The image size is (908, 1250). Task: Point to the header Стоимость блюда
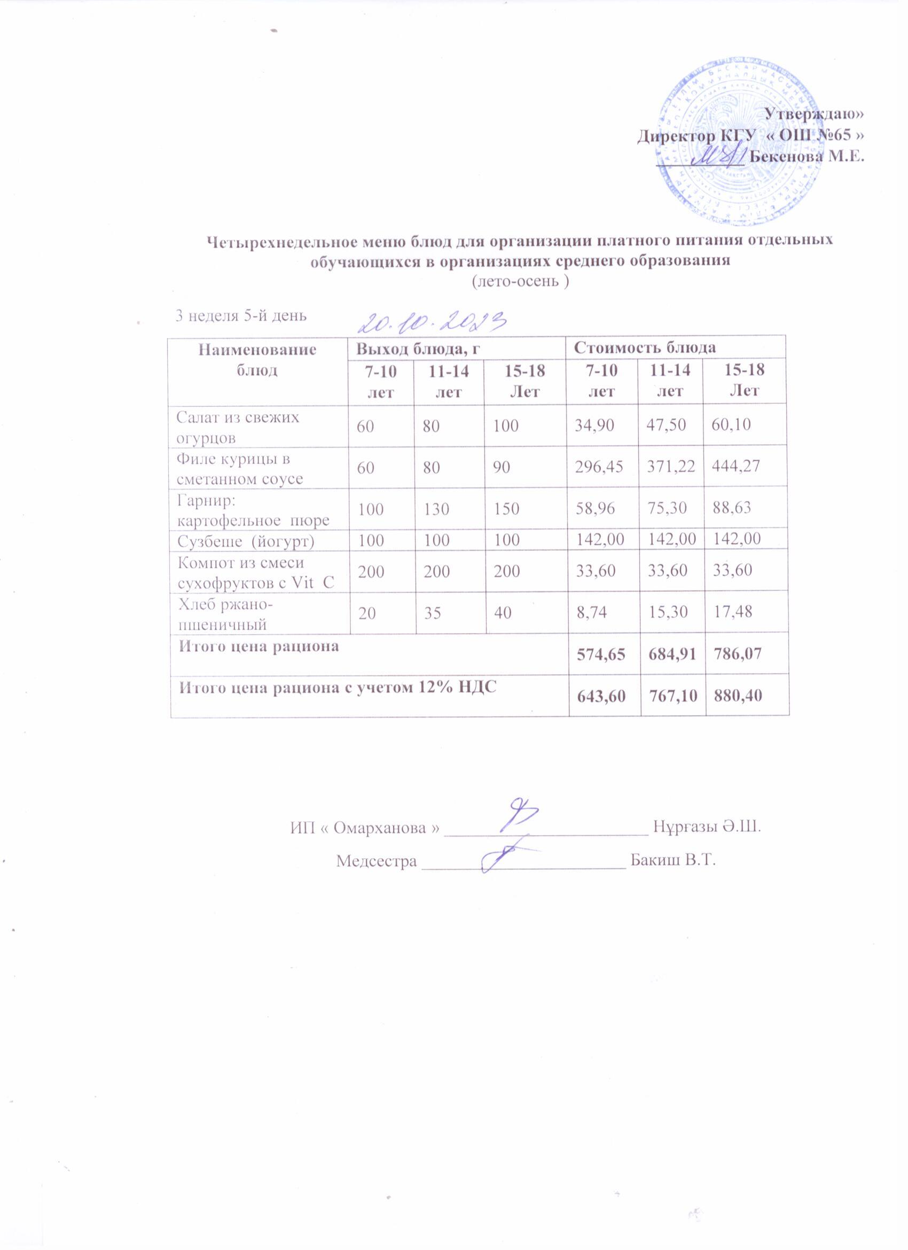[x=645, y=348]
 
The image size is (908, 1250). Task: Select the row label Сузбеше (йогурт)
[x=246, y=540]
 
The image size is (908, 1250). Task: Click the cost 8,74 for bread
[x=591, y=612]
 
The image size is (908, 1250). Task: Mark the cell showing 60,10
[x=731, y=425]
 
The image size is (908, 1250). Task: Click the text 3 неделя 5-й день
[x=241, y=316]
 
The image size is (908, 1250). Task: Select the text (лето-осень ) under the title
[x=520, y=282]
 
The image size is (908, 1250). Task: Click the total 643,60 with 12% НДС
[x=601, y=696]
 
